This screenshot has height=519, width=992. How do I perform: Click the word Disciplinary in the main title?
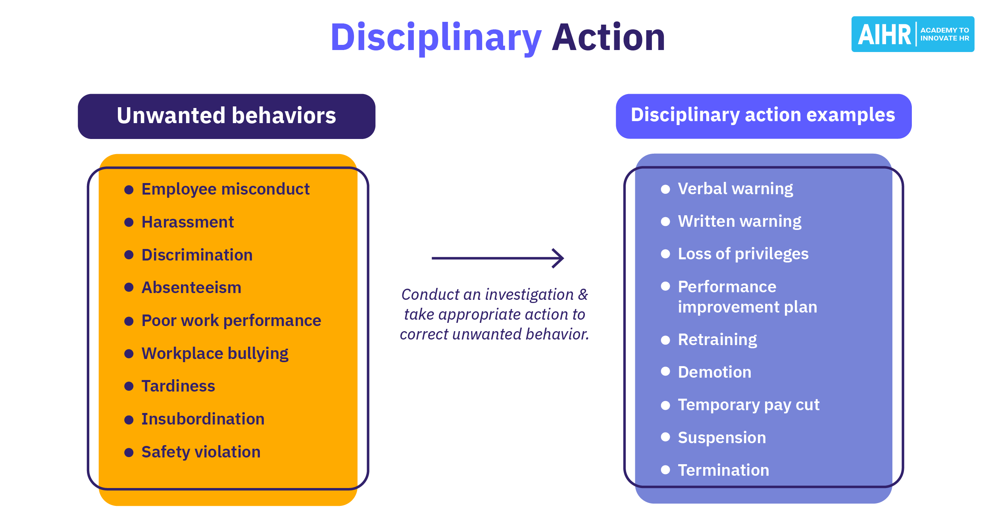436,38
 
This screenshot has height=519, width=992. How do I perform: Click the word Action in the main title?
608,38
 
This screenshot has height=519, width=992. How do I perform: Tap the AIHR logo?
912,34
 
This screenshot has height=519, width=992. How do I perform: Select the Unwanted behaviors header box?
226,116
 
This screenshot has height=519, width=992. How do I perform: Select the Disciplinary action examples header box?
763,116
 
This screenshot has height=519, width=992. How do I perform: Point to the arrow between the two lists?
498,258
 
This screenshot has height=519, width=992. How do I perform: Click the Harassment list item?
187,222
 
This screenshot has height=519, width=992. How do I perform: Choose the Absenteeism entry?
191,287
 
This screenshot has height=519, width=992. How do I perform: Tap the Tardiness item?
178,386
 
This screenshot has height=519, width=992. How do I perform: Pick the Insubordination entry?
203,419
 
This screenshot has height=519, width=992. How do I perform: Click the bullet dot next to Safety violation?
129,452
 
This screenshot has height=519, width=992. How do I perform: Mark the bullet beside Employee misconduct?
129,189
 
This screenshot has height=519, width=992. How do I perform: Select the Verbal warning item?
735,189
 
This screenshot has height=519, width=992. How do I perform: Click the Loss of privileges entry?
743,254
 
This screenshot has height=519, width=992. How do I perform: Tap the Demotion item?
714,372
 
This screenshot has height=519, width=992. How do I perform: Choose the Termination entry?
723,470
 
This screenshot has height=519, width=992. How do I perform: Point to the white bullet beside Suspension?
665,437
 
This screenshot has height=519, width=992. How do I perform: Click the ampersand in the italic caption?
583,295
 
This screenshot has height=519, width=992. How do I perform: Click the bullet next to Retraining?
665,340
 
